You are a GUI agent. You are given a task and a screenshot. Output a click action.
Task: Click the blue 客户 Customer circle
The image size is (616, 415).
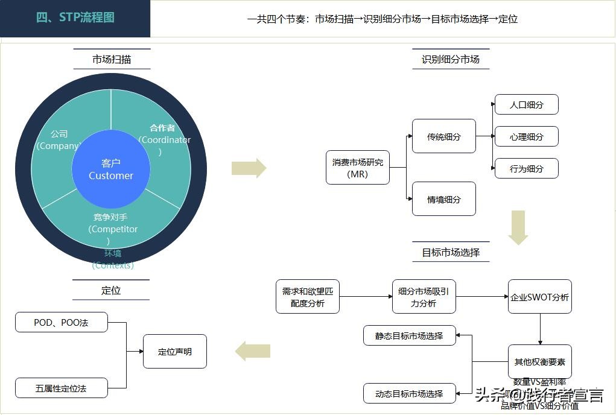tap(111, 169)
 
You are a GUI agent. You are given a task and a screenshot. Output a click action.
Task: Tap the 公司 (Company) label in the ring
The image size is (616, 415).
tap(59, 140)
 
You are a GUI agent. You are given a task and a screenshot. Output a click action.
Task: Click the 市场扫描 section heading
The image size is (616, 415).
tap(112, 59)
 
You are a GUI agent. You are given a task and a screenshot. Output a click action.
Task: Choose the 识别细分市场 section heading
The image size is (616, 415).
tap(451, 59)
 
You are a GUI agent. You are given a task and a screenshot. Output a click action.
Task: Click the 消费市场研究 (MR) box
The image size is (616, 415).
tap(358, 168)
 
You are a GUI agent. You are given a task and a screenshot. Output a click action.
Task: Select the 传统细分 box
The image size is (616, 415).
tap(443, 136)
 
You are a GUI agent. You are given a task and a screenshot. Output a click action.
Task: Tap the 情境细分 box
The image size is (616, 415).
tap(443, 199)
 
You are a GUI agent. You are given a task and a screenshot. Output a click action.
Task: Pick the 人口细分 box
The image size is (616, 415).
tap(526, 104)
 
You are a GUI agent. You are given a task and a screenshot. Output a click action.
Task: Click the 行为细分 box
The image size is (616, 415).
tap(526, 168)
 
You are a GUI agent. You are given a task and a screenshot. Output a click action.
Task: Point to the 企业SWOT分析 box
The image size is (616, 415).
tap(539, 297)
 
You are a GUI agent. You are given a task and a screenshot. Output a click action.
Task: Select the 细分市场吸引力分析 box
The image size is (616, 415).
tap(424, 297)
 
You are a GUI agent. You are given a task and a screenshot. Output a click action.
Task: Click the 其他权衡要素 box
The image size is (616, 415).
tap(539, 362)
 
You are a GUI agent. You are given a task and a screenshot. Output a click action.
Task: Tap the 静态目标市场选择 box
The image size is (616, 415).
tap(409, 336)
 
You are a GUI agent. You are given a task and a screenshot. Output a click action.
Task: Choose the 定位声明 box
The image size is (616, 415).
tap(175, 351)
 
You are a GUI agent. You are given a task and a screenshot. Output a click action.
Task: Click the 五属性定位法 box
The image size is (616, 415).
tap(61, 388)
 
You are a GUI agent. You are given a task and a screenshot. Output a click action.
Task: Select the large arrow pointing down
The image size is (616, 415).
tap(518, 227)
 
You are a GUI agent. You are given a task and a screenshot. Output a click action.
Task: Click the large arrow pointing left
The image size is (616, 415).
tap(253, 351)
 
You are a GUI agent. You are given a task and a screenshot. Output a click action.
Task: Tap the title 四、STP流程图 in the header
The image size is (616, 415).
tap(75, 17)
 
